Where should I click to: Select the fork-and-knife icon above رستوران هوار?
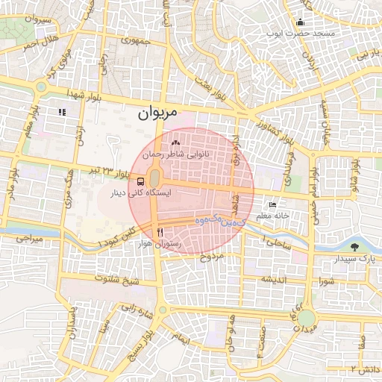point(160,232)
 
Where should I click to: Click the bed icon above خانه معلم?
point(272,205)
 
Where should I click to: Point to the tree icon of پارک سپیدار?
point(354,247)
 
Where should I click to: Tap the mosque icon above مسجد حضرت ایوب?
point(300,22)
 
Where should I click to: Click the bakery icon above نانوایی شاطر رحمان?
point(176,142)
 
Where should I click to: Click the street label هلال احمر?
point(39,43)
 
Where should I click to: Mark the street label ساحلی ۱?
point(275,243)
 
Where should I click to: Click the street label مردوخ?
point(213,257)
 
